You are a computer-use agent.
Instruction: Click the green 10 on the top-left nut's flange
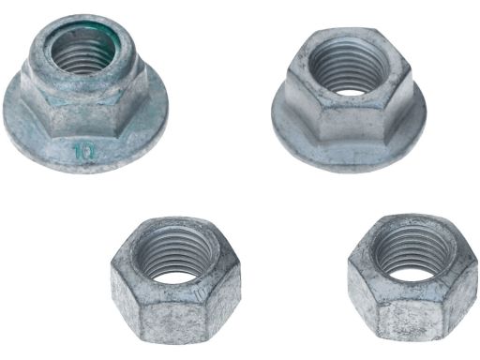coord(85,151)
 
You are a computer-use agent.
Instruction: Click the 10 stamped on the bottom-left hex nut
coord(199,293)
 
